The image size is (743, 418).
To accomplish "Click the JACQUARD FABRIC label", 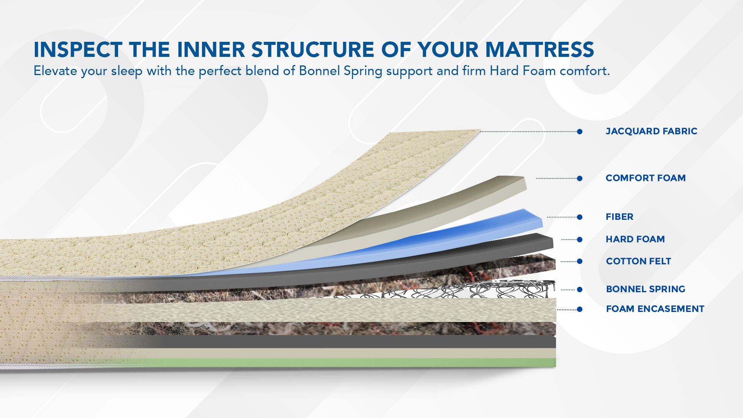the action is coord(651,131).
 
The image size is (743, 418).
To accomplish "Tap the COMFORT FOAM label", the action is coord(645,178).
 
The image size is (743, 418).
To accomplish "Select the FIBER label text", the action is coord(620,217).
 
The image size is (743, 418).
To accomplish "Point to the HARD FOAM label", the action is coord(635,239).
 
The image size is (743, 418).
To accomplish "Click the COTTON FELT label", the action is coord(639,261).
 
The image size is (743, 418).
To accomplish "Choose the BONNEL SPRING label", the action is coord(645,289).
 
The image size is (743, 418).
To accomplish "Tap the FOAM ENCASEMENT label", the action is coord(655,309).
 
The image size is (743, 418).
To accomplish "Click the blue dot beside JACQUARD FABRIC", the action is coord(580,132).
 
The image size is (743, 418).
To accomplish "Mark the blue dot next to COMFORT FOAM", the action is coord(580,178).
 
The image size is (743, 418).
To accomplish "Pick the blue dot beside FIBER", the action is coord(580,217).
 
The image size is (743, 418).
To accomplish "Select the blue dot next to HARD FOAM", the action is coord(580,240).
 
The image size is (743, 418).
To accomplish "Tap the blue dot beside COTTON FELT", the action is coord(580,262).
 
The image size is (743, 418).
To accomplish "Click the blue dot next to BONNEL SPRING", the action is coord(580,290).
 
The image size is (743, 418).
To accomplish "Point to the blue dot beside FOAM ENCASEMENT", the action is coord(580,309).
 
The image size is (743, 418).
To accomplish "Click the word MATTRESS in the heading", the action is coord(540,50).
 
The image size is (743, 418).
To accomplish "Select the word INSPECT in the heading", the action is coord(78,50).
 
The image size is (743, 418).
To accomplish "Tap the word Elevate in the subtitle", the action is coord(55,71).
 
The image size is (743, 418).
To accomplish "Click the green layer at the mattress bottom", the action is coord(348,363).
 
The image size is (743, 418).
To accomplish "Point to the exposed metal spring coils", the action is coord(445,290).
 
